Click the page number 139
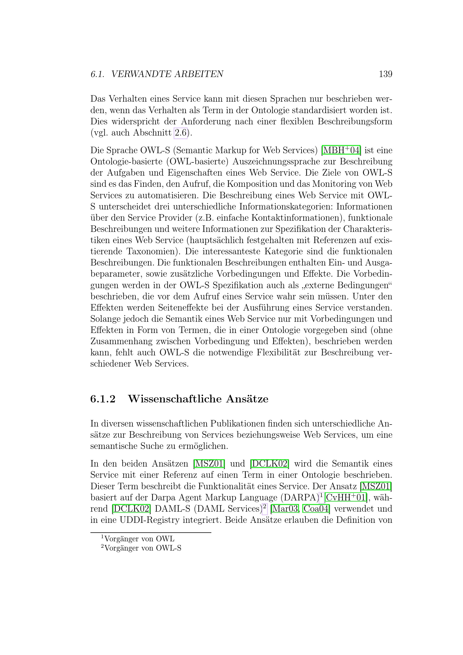click(385, 74)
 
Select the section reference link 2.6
click(181, 133)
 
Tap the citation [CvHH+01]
click(345, 498)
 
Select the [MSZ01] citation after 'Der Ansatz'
click(376, 486)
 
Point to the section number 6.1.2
click(103, 399)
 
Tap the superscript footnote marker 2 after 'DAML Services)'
click(265, 507)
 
